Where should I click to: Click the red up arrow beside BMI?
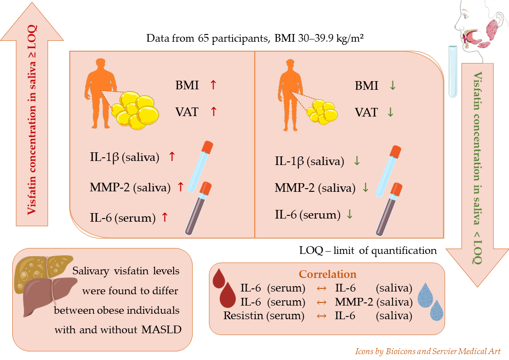coord(213,85)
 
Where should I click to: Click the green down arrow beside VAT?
coord(391,112)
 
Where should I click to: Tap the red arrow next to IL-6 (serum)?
coord(165,217)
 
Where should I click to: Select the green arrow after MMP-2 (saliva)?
coord(365,187)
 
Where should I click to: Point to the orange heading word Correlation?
coord(328,274)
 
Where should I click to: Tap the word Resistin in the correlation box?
coord(243,315)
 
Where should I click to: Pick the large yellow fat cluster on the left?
coord(135,110)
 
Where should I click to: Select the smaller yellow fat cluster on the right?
coord(322,112)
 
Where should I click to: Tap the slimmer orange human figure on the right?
coord(290,95)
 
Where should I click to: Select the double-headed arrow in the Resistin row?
coord(321,316)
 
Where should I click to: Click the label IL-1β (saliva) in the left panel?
coord(125,157)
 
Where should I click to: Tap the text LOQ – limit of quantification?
coord(368,250)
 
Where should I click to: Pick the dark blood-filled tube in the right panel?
coord(389,209)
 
